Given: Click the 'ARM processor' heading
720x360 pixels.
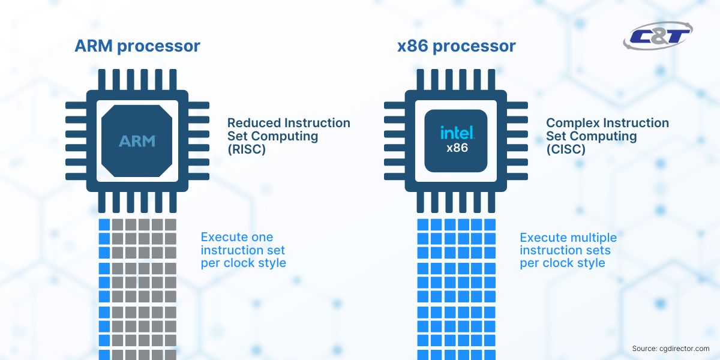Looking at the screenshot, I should click(x=137, y=46).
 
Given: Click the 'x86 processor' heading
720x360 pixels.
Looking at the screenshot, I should click(x=456, y=46).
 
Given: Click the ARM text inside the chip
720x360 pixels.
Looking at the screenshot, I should click(x=137, y=142).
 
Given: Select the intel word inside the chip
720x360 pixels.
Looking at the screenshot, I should click(x=457, y=133).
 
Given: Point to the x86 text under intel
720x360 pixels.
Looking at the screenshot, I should click(x=457, y=148).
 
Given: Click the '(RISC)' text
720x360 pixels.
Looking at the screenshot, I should click(x=246, y=149).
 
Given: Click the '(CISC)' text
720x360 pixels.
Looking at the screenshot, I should click(x=565, y=149).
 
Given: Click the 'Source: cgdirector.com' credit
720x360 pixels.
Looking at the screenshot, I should click(x=670, y=349).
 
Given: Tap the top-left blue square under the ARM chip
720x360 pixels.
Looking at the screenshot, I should click(x=104, y=224).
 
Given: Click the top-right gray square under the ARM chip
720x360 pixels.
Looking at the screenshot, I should click(x=170, y=224).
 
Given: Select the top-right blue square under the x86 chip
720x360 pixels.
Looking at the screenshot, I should click(x=490, y=224).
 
